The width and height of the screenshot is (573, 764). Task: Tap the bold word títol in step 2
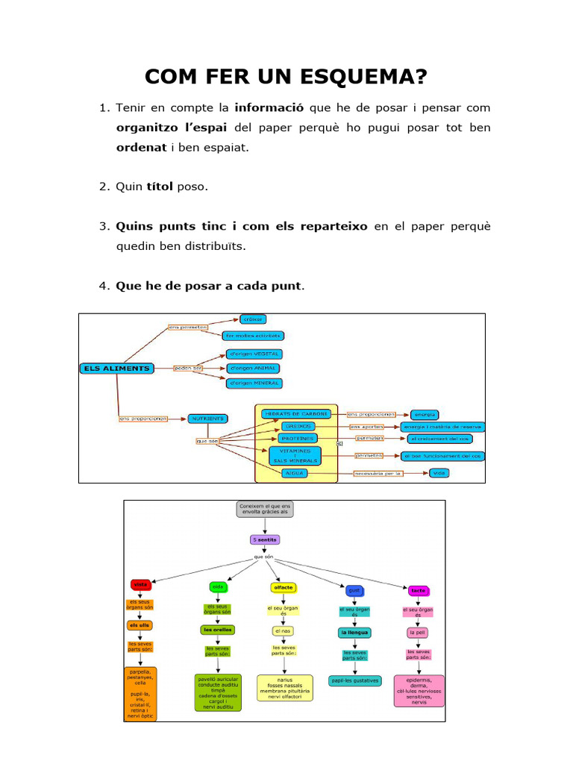pos(160,187)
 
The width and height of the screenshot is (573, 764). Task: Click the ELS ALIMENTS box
pos(116,368)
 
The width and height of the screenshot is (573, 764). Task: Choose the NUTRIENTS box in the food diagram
pos(207,419)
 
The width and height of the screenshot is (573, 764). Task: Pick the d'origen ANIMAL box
pos(254,368)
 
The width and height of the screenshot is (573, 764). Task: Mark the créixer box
pos(254,320)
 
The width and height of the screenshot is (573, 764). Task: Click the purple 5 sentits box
pos(265,539)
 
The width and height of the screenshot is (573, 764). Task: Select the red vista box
pos(140,584)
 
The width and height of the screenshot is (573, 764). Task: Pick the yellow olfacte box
pos(280,587)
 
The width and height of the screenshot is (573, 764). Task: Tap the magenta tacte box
pos(418,590)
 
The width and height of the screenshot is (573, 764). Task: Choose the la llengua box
pos(354,633)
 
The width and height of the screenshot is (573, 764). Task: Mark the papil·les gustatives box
pos(354,680)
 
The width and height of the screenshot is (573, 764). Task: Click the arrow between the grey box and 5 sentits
pos(265,525)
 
